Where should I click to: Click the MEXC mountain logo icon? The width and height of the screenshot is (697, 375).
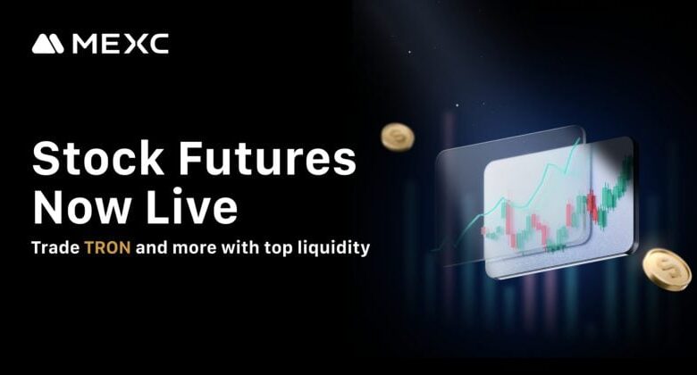(x=48, y=44)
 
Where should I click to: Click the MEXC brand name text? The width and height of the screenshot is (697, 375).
(x=121, y=44)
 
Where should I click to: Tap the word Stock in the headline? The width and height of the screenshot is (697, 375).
(x=98, y=159)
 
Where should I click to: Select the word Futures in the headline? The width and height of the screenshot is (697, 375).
(x=267, y=159)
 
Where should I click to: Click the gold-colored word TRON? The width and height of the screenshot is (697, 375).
(x=107, y=247)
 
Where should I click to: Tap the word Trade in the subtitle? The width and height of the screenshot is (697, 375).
(x=55, y=247)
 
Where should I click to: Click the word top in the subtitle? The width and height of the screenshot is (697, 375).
(x=278, y=248)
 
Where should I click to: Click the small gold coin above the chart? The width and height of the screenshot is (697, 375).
(x=398, y=137)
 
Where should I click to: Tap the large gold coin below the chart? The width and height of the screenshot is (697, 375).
(x=668, y=270)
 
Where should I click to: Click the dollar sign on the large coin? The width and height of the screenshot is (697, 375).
(x=667, y=270)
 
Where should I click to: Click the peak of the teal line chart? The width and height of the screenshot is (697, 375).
(x=579, y=138)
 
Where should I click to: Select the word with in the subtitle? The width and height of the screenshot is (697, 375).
(x=240, y=247)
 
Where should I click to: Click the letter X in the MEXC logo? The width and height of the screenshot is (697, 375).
(x=137, y=44)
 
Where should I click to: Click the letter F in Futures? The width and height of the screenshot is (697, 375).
(x=189, y=159)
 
